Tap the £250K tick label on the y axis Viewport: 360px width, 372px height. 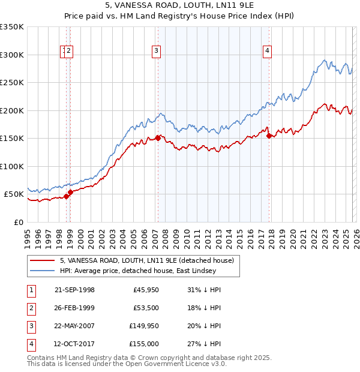pyautogui.click(x=12, y=82)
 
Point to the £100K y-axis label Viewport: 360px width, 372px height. pyautogui.click(x=12, y=166)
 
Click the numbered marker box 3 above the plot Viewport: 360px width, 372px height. pyautogui.click(x=156, y=52)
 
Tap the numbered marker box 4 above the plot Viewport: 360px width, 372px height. pyautogui.click(x=266, y=52)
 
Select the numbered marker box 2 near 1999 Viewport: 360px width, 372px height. pyautogui.click(x=70, y=52)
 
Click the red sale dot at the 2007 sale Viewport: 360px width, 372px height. pyautogui.click(x=158, y=138)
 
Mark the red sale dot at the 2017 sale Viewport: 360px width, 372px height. pyautogui.click(x=269, y=136)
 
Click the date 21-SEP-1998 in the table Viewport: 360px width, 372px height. pyautogui.click(x=74, y=290)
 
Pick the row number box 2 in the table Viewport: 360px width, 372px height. pyautogui.click(x=29, y=308)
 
